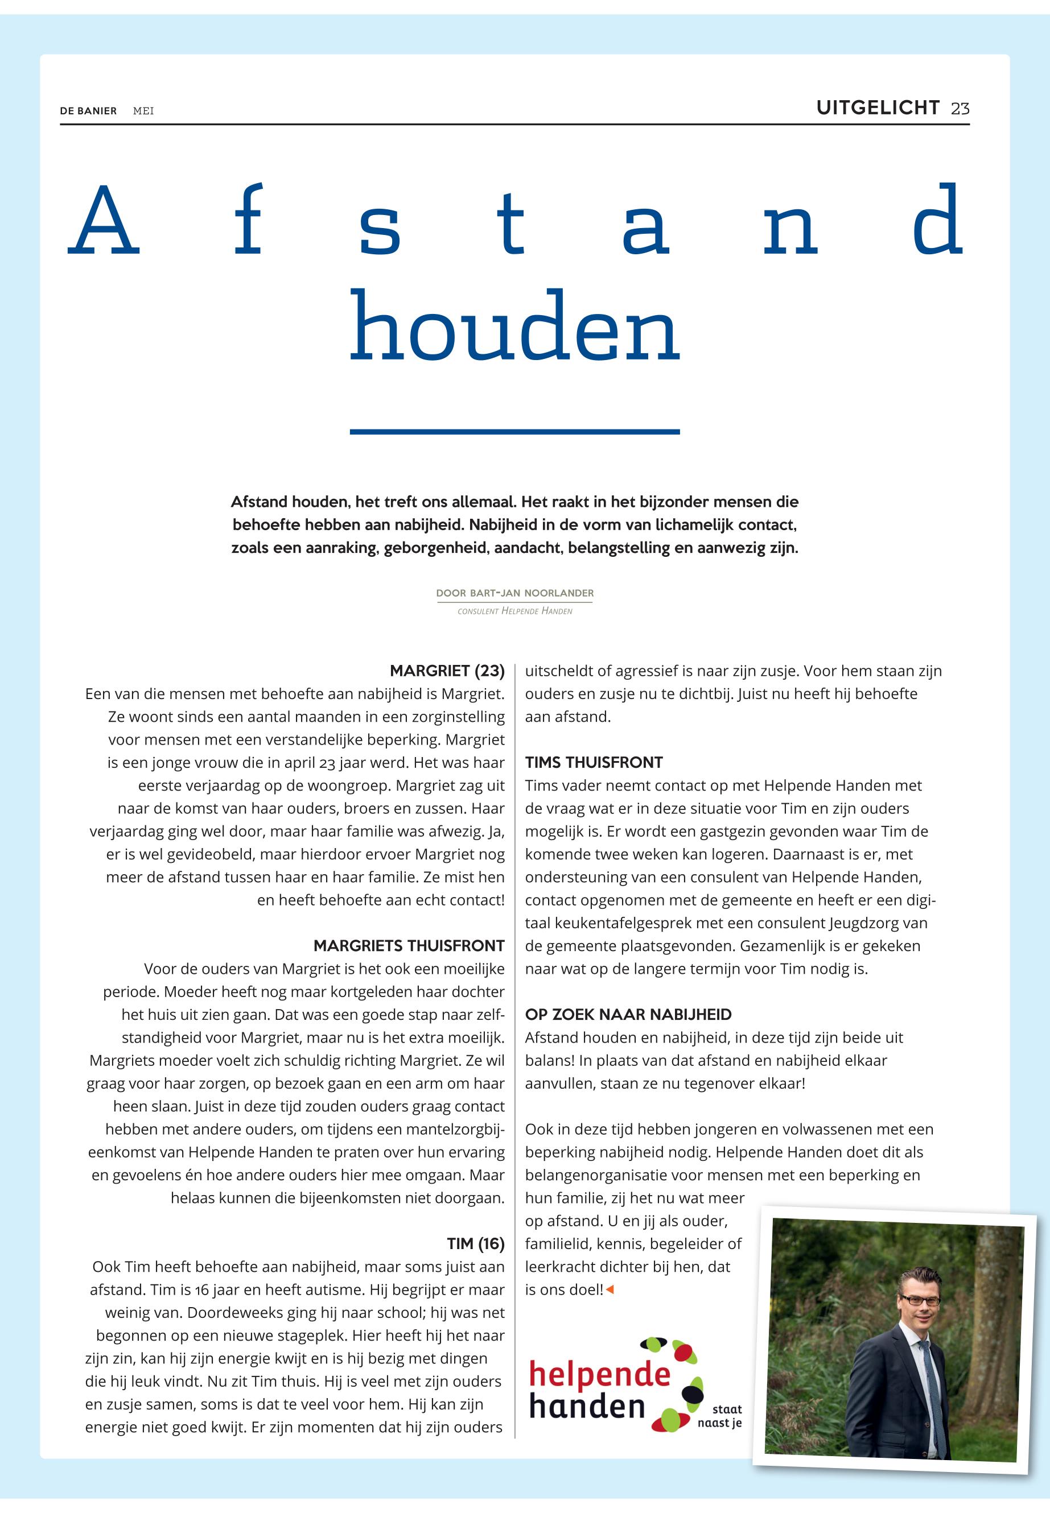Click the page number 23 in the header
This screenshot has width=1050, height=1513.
tap(960, 109)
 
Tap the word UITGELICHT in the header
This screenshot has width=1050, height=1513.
tap(878, 108)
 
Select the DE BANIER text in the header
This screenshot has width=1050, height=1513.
tap(88, 111)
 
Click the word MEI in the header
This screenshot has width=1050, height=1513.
tap(143, 111)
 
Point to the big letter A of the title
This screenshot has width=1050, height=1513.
tap(104, 222)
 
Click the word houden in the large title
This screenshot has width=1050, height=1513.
tap(514, 328)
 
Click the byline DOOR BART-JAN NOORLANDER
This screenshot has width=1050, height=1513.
tap(514, 593)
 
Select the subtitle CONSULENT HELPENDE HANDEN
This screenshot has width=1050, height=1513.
tap(514, 611)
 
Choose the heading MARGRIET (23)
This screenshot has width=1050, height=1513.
tap(447, 671)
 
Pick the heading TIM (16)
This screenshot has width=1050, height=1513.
tap(475, 1244)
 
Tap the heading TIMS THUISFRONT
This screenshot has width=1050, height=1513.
tap(594, 763)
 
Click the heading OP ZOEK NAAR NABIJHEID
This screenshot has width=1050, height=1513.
tap(628, 1015)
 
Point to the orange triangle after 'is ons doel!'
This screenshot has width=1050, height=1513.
tap(610, 1290)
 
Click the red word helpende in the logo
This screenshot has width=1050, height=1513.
tap(599, 1374)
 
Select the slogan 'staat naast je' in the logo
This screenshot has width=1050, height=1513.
tap(722, 1416)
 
